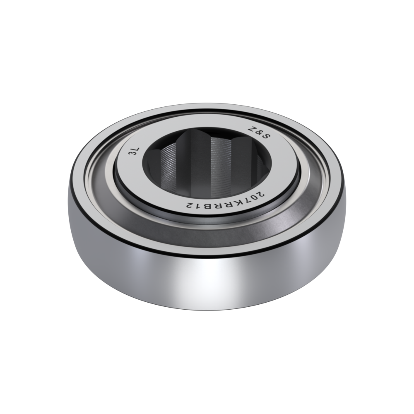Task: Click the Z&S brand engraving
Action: (259, 133)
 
